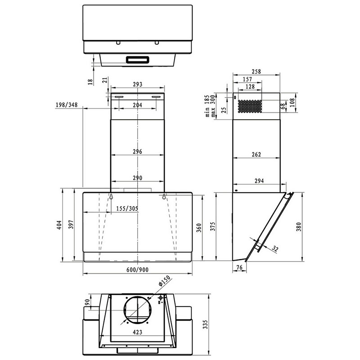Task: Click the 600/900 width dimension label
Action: click(137, 270)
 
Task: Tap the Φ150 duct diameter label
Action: click(164, 280)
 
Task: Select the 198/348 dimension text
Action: click(67, 105)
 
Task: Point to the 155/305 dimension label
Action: click(127, 208)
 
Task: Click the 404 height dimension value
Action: click(59, 225)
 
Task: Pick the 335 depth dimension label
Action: click(205, 324)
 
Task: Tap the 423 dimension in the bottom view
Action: click(137, 332)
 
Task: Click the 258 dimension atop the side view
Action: click(256, 72)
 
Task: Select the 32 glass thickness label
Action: click(275, 249)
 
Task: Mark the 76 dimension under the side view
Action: click(239, 267)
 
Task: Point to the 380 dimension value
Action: click(298, 227)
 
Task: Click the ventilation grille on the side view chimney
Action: click(250, 106)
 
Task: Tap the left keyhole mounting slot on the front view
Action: click(111, 197)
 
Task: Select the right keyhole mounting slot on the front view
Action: click(164, 197)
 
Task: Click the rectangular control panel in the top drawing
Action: click(138, 60)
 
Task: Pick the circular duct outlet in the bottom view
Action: click(138, 310)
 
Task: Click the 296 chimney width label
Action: click(137, 152)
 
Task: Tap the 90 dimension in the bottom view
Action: click(87, 302)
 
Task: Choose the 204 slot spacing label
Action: click(137, 105)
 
